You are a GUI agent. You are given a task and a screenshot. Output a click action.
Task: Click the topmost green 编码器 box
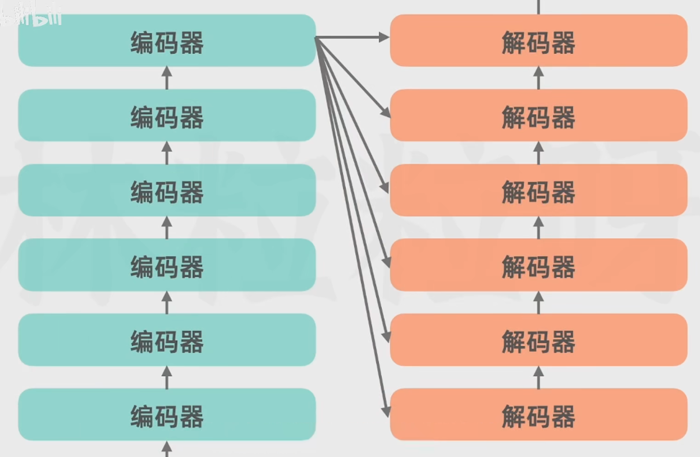pyautogui.click(x=167, y=40)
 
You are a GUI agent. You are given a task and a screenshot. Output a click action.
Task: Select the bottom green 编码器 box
pyautogui.click(x=167, y=414)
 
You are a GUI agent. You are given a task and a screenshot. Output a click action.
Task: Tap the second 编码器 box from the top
pyautogui.click(x=167, y=115)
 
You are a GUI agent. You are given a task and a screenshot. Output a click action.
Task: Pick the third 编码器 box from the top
pyautogui.click(x=167, y=190)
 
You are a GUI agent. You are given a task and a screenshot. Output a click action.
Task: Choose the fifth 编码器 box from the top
pyautogui.click(x=167, y=340)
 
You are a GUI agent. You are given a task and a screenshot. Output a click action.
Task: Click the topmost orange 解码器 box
pyautogui.click(x=538, y=40)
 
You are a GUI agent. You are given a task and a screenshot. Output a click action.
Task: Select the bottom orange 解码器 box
pyautogui.click(x=538, y=414)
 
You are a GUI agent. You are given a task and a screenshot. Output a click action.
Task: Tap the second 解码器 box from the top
pyautogui.click(x=538, y=115)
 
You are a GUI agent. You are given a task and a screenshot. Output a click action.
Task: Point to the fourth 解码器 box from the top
pyautogui.click(x=538, y=265)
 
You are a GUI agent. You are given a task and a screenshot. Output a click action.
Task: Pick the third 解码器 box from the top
pyautogui.click(x=538, y=190)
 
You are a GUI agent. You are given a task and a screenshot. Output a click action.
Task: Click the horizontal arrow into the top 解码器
pyautogui.click(x=354, y=38)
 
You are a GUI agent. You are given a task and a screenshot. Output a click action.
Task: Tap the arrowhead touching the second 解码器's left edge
pyautogui.click(x=386, y=113)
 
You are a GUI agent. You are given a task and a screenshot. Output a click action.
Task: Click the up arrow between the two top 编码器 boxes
pyautogui.click(x=166, y=77)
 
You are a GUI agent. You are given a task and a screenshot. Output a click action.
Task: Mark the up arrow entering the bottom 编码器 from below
pyautogui.click(x=166, y=448)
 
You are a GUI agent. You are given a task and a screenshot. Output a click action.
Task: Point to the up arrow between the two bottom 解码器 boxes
pyautogui.click(x=538, y=377)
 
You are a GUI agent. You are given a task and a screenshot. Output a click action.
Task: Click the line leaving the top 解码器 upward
pyautogui.click(x=538, y=7)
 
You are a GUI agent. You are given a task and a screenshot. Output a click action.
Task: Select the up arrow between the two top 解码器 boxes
pyautogui.click(x=538, y=77)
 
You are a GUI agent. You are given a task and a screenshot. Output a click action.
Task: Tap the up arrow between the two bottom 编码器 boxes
pyautogui.click(x=166, y=377)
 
